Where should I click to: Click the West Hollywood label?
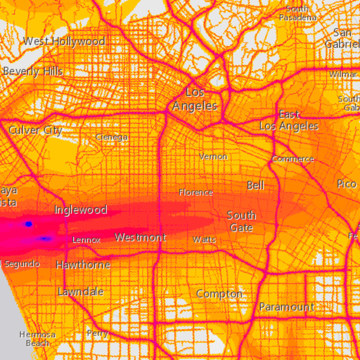coord(64,41)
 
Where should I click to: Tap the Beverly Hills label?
coord(33,71)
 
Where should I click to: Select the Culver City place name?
coord(35,130)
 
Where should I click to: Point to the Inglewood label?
coord(80,210)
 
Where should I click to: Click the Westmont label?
coord(140,237)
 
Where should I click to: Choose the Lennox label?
coord(86,240)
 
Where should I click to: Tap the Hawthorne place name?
coord(83,265)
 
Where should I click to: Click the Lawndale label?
coord(80,291)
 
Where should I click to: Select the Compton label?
coord(219,294)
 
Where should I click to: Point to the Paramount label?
coord(287,307)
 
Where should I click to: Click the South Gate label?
coord(241,221)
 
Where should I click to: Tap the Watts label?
coord(204,239)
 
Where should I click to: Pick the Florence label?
coord(196,192)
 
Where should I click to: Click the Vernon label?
coord(213,156)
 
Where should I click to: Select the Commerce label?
coord(293,159)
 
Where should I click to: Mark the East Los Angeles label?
coord(289,120)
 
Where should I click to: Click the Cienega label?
coord(111,137)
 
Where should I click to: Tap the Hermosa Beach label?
coord(37,339)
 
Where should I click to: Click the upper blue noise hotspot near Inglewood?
coord(29,224)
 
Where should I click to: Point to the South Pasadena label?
coord(298,13)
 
